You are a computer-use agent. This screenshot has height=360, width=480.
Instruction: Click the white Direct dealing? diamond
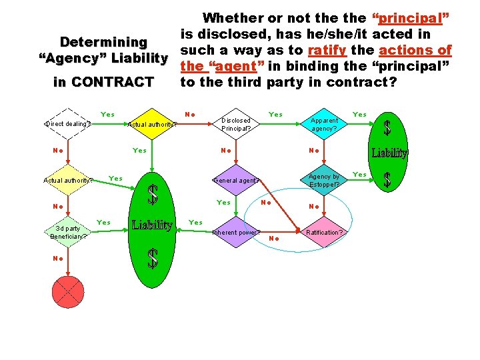(68, 123)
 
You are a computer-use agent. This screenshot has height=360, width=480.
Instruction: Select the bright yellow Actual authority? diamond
(152, 123)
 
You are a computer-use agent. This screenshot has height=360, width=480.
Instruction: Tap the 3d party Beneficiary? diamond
(68, 232)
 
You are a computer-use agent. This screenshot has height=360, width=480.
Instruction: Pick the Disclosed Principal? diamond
(236, 123)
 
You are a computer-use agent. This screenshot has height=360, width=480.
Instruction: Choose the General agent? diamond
(236, 180)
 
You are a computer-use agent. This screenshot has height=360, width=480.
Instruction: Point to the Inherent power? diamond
(236, 233)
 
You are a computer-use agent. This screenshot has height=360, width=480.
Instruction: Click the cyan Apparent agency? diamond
(325, 123)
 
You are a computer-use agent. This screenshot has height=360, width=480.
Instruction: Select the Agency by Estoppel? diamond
(325, 180)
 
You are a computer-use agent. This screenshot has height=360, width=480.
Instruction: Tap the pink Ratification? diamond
(325, 233)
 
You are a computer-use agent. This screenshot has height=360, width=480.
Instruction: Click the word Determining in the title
(103, 42)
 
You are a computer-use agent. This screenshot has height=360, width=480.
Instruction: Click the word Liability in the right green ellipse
(389, 153)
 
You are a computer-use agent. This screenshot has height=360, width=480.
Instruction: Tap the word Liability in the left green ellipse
(153, 225)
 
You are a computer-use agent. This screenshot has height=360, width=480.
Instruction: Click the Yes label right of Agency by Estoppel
(359, 175)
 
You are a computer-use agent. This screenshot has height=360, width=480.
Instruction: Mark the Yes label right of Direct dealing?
(107, 115)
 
